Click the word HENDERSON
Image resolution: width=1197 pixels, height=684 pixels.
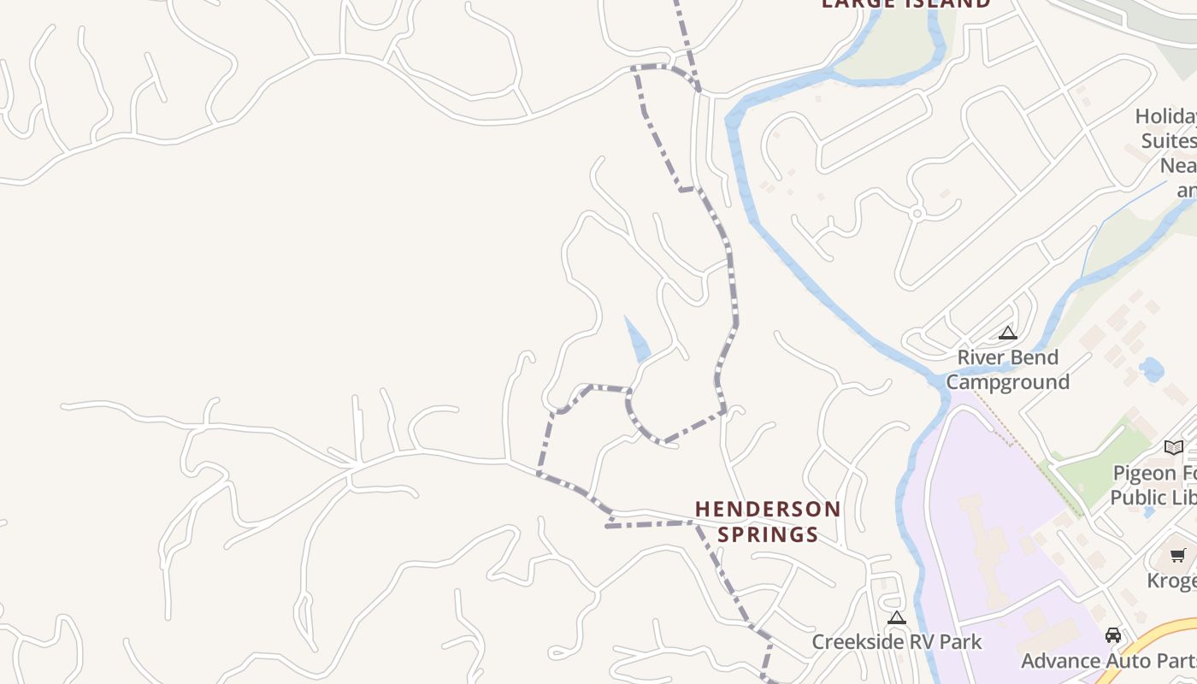768,510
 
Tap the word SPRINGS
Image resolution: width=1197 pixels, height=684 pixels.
768,535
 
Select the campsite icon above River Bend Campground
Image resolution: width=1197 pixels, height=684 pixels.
1008,333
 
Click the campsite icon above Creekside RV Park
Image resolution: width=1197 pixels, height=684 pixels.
896,617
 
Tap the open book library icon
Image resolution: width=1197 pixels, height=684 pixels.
1174,447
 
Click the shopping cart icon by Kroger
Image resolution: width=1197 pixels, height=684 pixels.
1178,556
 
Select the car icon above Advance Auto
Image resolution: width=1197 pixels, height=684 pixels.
1113,635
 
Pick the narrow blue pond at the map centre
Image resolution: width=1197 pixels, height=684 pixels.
637,339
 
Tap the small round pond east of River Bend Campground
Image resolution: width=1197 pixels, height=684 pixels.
1151,370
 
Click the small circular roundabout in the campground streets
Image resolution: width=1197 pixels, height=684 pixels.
917,213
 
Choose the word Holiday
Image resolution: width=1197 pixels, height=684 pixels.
1165,116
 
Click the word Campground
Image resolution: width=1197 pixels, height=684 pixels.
1007,381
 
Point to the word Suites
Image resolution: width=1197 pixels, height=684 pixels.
1168,140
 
